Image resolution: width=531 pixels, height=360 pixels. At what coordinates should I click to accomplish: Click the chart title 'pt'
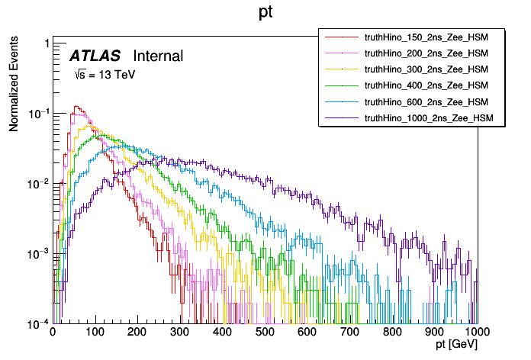click(x=265, y=13)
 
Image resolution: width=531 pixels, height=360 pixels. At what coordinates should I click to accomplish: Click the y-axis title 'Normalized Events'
click(x=14, y=85)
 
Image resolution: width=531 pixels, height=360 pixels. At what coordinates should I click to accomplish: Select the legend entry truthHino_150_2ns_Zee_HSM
click(x=426, y=36)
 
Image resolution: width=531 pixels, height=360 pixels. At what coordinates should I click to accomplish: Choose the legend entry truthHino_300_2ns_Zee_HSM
click(x=426, y=69)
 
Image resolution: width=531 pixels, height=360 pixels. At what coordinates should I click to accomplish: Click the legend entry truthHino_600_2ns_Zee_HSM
click(x=426, y=101)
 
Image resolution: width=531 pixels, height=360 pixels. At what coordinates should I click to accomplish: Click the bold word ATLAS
click(x=97, y=56)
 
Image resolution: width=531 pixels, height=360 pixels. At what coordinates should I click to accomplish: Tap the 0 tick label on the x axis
click(x=53, y=333)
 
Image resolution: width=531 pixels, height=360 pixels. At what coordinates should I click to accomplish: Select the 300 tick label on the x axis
click(x=180, y=333)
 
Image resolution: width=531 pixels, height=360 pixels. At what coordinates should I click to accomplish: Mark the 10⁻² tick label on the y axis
click(x=37, y=184)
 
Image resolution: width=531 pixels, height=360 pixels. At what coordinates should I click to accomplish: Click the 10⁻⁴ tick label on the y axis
click(x=37, y=323)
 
